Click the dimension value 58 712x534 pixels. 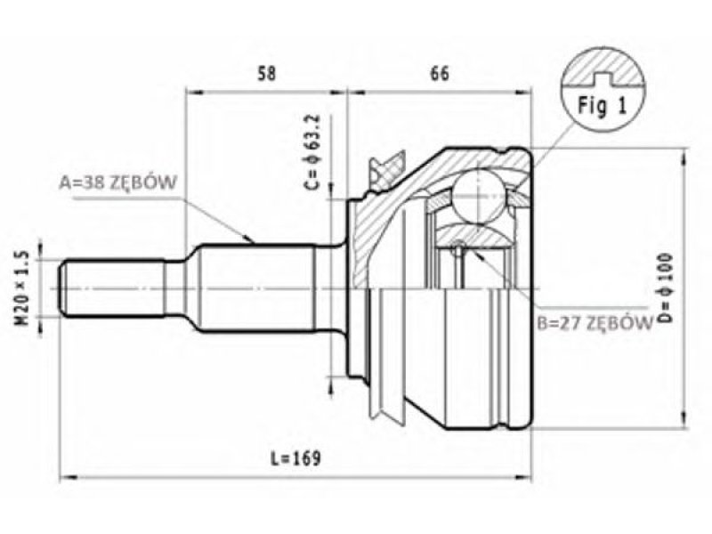pos(266,73)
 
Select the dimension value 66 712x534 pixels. pos(439,73)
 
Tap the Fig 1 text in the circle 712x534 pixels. pos(603,106)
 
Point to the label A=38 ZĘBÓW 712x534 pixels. pos(117,182)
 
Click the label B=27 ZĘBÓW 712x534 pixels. pos(595,323)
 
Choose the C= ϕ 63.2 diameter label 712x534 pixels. pos(312,151)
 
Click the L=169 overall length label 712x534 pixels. pos(295,457)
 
